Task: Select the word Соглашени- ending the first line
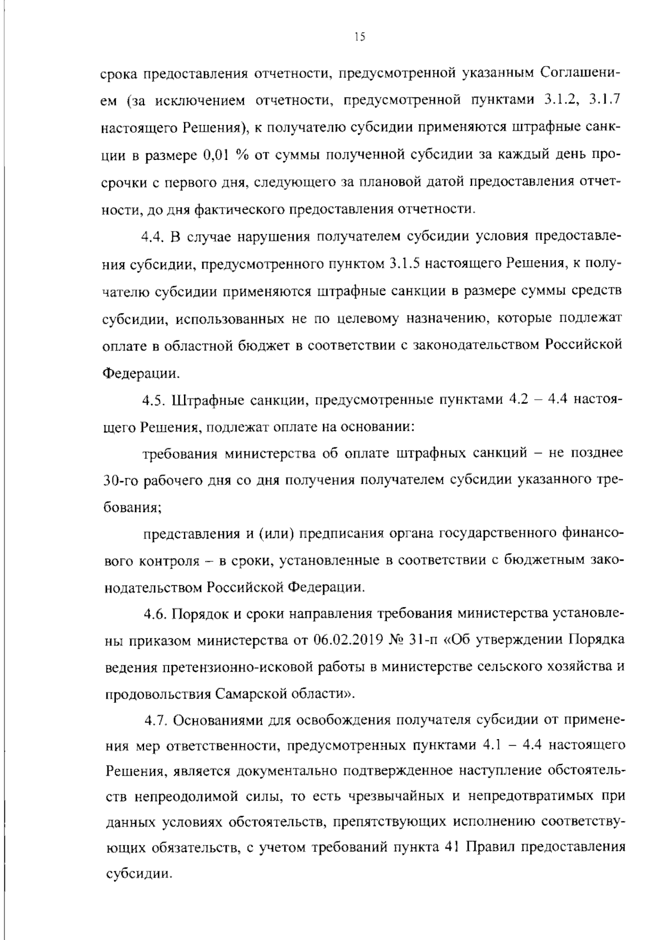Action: (x=581, y=73)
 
